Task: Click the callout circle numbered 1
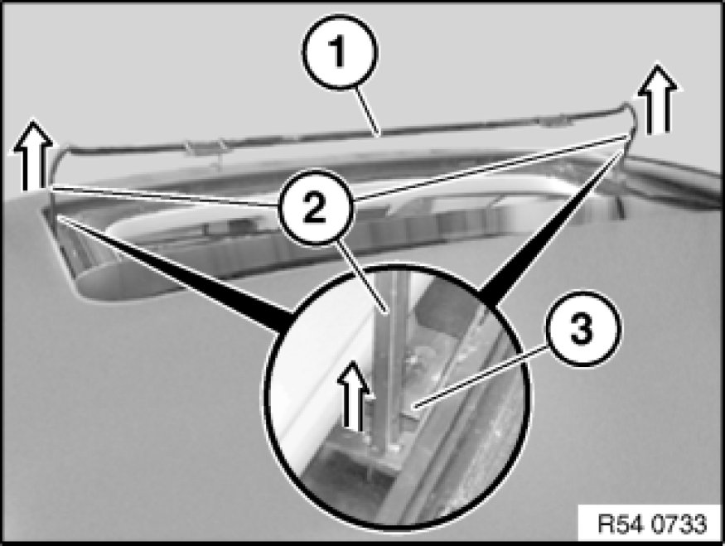pyautogui.click(x=340, y=51)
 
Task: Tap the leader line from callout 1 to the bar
pyautogui.click(x=368, y=110)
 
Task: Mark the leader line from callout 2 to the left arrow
pyautogui.click(x=165, y=196)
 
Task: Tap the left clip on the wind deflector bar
pyautogui.click(x=205, y=148)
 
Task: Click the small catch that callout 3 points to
pyautogui.click(x=413, y=407)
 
